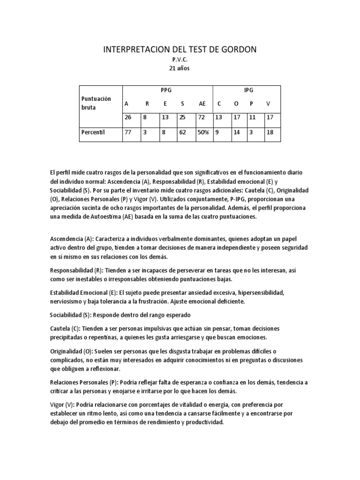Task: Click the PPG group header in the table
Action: (x=166, y=90)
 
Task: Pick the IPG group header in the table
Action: (x=247, y=90)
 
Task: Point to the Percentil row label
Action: (x=94, y=132)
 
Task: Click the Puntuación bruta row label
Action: (x=96, y=103)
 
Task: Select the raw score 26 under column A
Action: (x=128, y=118)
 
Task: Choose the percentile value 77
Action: (x=128, y=132)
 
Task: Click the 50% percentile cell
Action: (x=203, y=132)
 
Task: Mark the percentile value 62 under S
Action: (x=183, y=132)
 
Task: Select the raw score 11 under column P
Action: (x=253, y=118)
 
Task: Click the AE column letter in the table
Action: (x=202, y=104)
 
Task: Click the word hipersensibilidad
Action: (x=261, y=292)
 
